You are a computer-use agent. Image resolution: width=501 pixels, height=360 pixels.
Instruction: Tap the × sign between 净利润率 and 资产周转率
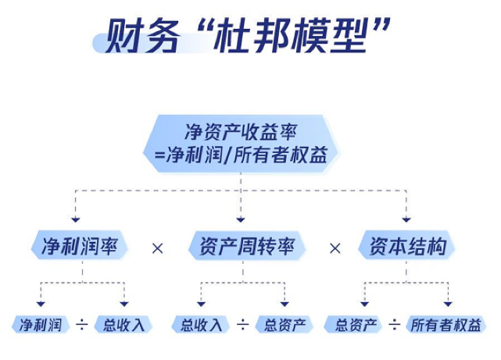[x=158, y=248]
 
